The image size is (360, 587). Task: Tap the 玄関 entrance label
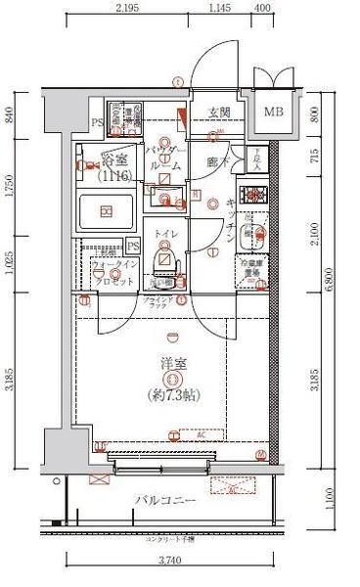point(218,113)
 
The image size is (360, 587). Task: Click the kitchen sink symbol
point(251,235)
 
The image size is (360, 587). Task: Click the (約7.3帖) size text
point(172,394)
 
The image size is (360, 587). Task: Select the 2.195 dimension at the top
point(123,8)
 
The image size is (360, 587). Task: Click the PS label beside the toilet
point(132,245)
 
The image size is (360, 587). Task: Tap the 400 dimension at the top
point(262,8)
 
